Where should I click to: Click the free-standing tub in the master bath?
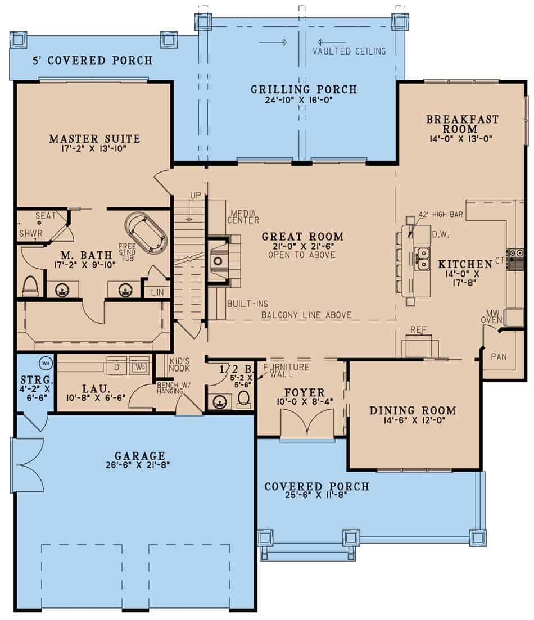pyautogui.click(x=146, y=232)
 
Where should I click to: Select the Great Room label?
pyautogui.click(x=302, y=237)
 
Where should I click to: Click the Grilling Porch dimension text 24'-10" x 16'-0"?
pyautogui.click(x=304, y=102)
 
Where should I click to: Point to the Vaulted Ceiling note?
pyautogui.click(x=349, y=51)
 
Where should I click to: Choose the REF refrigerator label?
pyautogui.click(x=418, y=330)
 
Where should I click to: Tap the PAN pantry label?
pyautogui.click(x=499, y=356)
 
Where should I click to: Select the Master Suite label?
pyautogui.click(x=94, y=139)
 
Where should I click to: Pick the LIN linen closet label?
pyautogui.click(x=157, y=292)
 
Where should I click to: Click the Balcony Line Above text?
pyautogui.click(x=306, y=315)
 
